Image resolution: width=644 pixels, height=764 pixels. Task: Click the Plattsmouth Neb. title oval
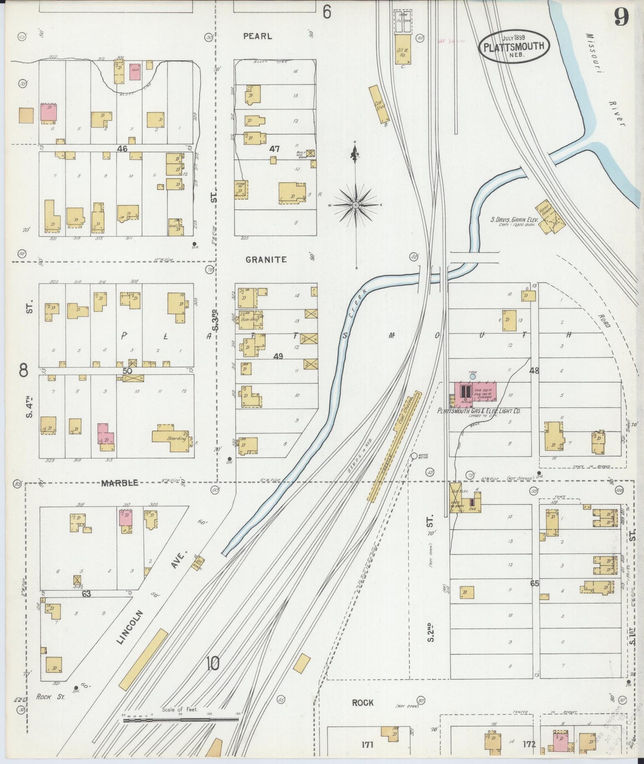pyautogui.click(x=514, y=46)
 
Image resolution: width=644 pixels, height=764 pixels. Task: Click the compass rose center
pyautogui.click(x=355, y=205)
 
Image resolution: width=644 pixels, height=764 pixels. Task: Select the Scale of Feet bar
pyautogui.click(x=180, y=719)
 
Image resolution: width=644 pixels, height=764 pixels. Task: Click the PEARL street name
pyautogui.click(x=258, y=37)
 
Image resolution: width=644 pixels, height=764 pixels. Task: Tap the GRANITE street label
pyautogui.click(x=266, y=259)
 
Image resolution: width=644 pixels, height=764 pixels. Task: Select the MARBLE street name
pyautogui.click(x=119, y=483)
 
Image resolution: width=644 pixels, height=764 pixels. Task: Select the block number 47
pyautogui.click(x=275, y=148)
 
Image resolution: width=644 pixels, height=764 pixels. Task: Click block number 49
pyautogui.click(x=278, y=356)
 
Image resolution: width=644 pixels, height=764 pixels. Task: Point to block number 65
pyautogui.click(x=535, y=583)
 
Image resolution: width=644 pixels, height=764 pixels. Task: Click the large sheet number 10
pyautogui.click(x=213, y=665)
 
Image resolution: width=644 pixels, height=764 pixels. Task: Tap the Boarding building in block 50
pyautogui.click(x=171, y=435)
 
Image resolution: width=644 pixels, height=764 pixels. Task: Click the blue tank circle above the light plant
pyautogui.click(x=472, y=377)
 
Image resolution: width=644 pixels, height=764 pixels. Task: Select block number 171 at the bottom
pyautogui.click(x=367, y=744)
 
